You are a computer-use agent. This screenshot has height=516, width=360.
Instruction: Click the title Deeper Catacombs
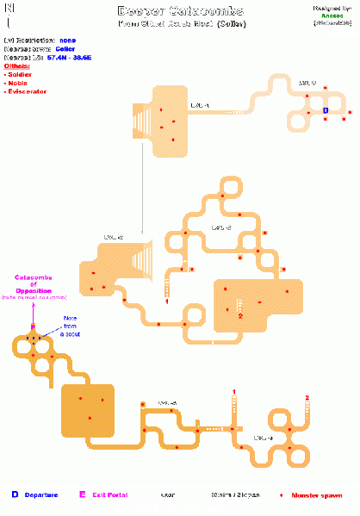click(x=181, y=11)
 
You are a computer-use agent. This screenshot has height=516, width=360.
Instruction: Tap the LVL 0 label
click(x=307, y=83)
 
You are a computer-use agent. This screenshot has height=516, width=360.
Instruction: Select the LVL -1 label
click(x=200, y=105)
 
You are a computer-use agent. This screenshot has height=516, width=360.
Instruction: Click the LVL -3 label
click(x=264, y=437)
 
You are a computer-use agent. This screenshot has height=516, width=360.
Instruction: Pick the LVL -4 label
click(x=167, y=402)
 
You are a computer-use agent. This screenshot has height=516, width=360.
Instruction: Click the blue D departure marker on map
click(x=326, y=110)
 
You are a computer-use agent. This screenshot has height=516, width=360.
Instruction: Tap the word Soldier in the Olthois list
click(x=19, y=74)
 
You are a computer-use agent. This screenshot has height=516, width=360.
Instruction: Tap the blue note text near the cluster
click(x=69, y=326)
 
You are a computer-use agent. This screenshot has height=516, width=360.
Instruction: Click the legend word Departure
click(x=40, y=495)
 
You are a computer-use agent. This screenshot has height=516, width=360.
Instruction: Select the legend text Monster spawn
click(x=315, y=495)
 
